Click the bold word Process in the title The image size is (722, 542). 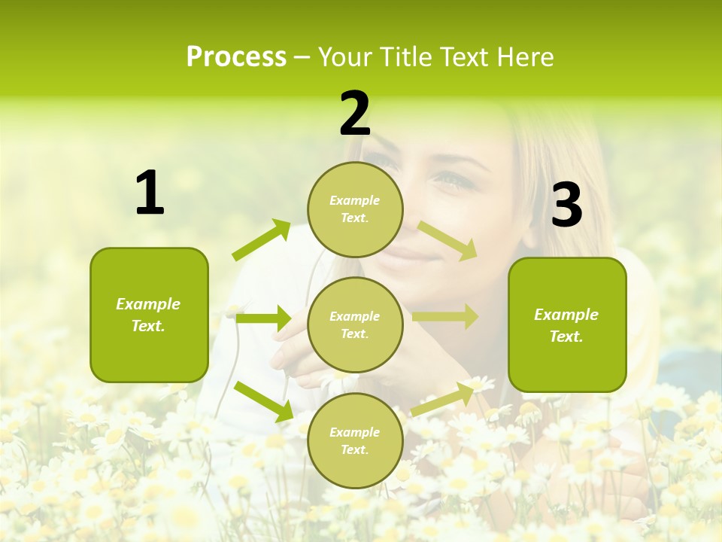236,57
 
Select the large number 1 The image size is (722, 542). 150,193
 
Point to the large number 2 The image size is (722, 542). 355,114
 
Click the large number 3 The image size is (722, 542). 566,206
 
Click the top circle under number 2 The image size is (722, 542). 355,209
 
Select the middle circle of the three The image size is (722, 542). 355,324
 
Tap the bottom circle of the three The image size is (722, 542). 355,440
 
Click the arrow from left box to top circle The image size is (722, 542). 262,240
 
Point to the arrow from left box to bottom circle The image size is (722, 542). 264,401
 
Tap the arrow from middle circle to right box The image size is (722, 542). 445,317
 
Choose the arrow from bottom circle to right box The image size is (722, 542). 443,397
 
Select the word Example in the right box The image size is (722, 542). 566,315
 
